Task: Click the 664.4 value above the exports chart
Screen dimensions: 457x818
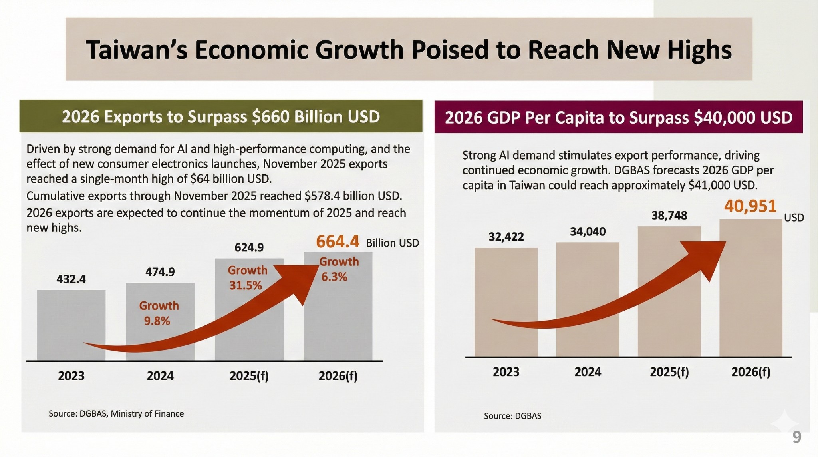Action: tap(338, 242)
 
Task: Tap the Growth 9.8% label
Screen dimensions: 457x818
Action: tap(159, 313)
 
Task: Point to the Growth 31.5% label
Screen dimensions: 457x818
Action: tap(247, 278)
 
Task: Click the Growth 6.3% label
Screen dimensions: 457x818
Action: tap(339, 269)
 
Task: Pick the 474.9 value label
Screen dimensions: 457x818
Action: tap(160, 272)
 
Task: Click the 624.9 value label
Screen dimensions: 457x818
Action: tap(249, 248)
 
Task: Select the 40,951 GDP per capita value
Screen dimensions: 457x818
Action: tap(750, 206)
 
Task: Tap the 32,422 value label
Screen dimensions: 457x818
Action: tap(506, 237)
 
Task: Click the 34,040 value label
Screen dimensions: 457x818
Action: tap(588, 231)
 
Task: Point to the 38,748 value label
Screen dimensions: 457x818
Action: tap(669, 216)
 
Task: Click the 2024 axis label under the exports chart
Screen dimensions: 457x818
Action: tap(160, 376)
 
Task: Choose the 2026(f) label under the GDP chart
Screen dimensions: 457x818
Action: tap(750, 372)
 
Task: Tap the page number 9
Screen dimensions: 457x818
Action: tap(796, 437)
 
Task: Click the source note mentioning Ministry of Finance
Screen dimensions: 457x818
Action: tap(116, 414)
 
